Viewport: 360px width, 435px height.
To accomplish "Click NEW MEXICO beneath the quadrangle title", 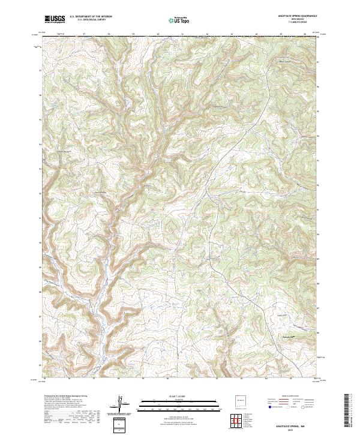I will tap(296, 19).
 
